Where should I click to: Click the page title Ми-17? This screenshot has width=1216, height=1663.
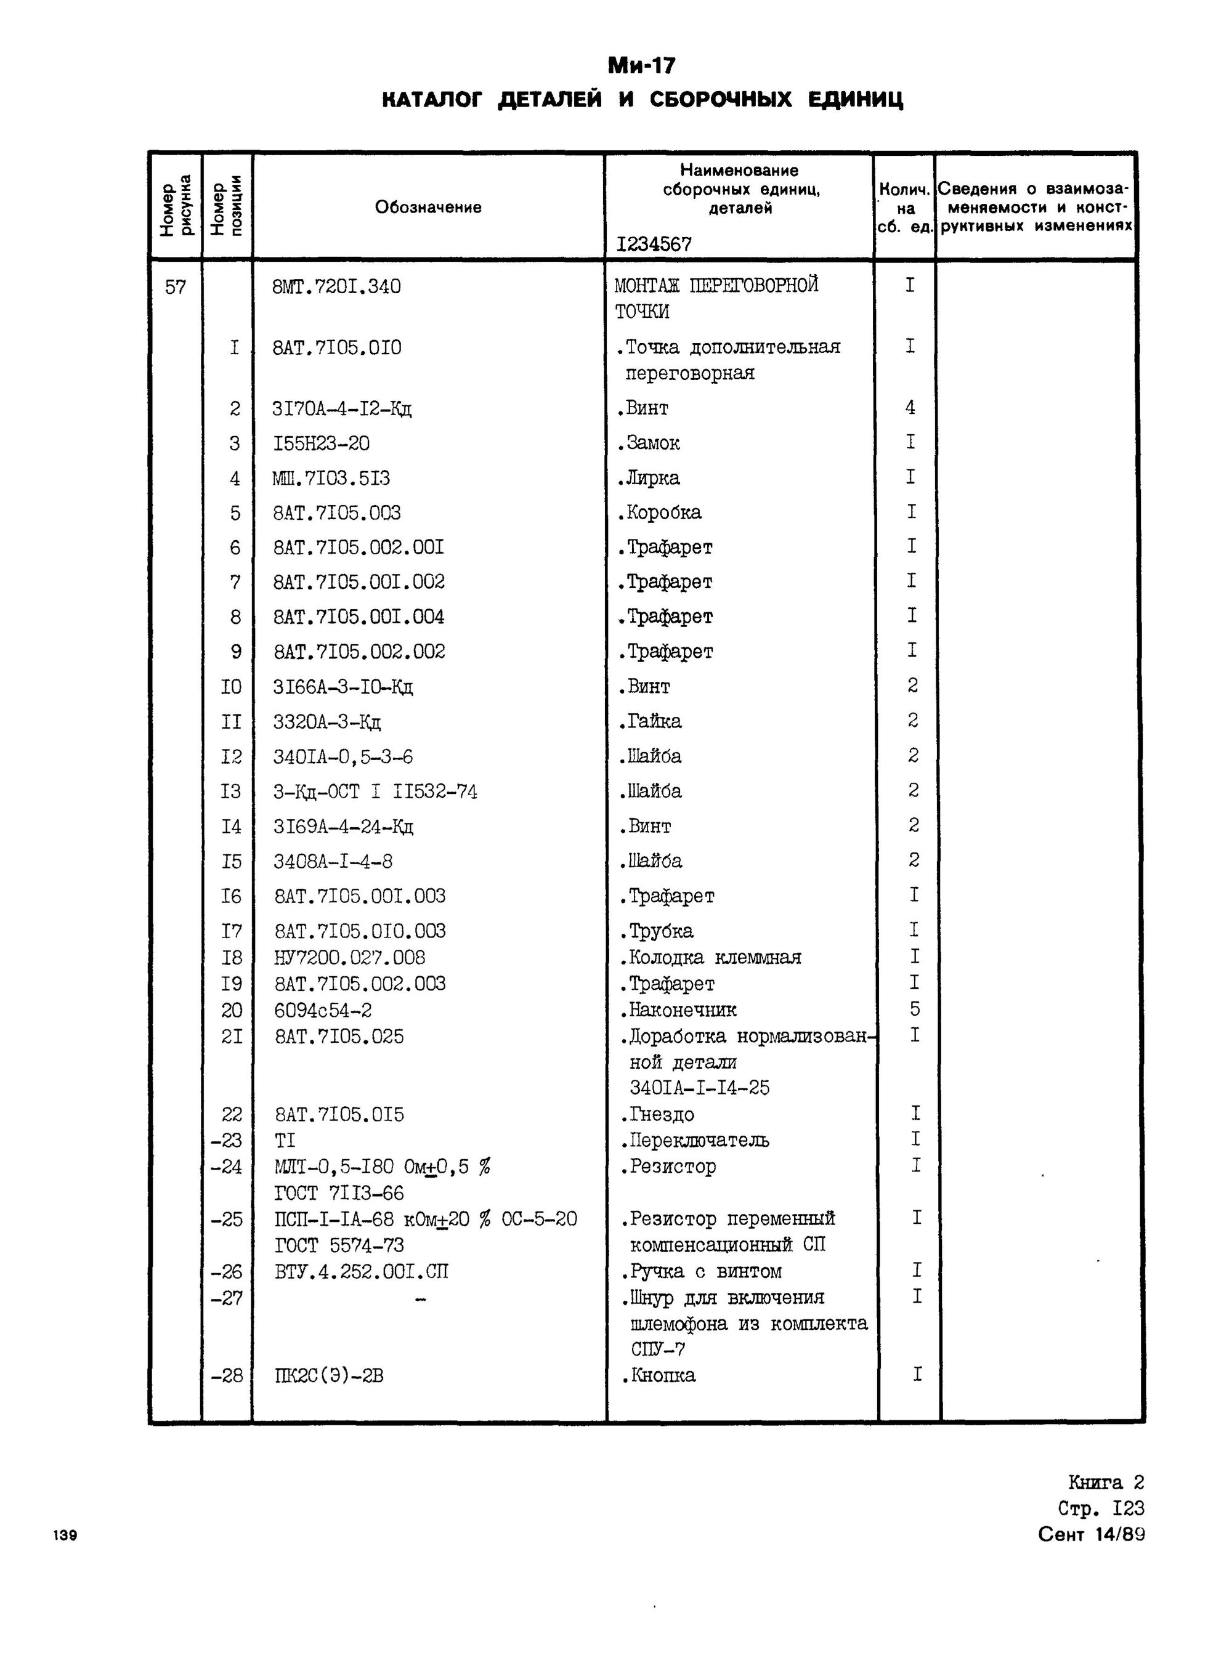click(641, 67)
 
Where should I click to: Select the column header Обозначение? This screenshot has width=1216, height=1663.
click(428, 208)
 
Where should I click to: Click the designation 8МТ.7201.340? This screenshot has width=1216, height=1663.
click(336, 287)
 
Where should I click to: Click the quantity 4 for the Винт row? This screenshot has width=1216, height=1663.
click(910, 408)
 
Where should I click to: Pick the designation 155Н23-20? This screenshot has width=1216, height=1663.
click(321, 443)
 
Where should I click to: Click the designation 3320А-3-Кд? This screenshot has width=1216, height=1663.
click(327, 722)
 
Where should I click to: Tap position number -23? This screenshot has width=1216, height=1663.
click(227, 1141)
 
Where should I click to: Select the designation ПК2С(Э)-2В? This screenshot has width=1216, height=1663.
click(329, 1375)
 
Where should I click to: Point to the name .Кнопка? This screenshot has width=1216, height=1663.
click(657, 1375)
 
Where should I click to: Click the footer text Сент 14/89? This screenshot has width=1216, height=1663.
click(1091, 1534)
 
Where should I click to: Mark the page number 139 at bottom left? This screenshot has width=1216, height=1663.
click(65, 1535)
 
